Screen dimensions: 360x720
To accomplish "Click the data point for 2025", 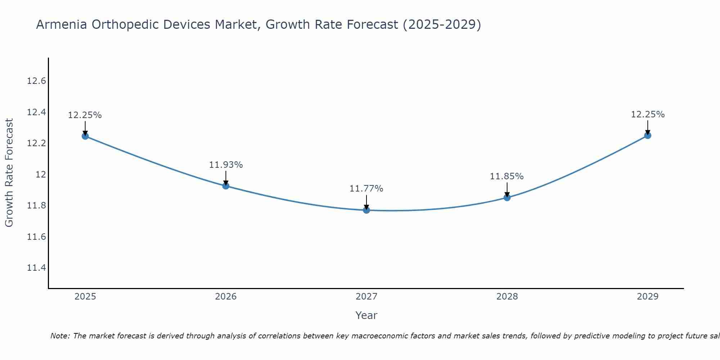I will coord(85,136).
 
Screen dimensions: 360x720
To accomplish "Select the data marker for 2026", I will coord(226,186).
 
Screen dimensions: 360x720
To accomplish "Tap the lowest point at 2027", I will coord(366,210).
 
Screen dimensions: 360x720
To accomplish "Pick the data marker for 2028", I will coord(507,197).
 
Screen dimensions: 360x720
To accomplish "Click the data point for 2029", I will coord(648,135).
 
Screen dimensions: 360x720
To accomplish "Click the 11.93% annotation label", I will coord(226,165).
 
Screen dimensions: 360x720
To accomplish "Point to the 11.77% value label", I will coord(366,189).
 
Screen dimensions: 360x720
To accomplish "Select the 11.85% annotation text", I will coord(507,176).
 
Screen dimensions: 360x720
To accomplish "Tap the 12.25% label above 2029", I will coord(648,114).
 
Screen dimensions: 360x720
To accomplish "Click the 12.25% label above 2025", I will coord(85,115).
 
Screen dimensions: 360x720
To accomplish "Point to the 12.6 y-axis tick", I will coord(36,81).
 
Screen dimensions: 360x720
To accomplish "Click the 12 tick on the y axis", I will coord(41,175).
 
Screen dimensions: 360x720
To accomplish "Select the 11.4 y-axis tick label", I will coord(36,268).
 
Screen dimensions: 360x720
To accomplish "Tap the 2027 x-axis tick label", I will coord(366,297).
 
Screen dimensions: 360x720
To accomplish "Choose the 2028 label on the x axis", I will coord(507,297).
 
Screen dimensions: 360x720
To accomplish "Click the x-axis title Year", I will coord(366,315).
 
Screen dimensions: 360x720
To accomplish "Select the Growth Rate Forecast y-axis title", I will coord(9,173).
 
